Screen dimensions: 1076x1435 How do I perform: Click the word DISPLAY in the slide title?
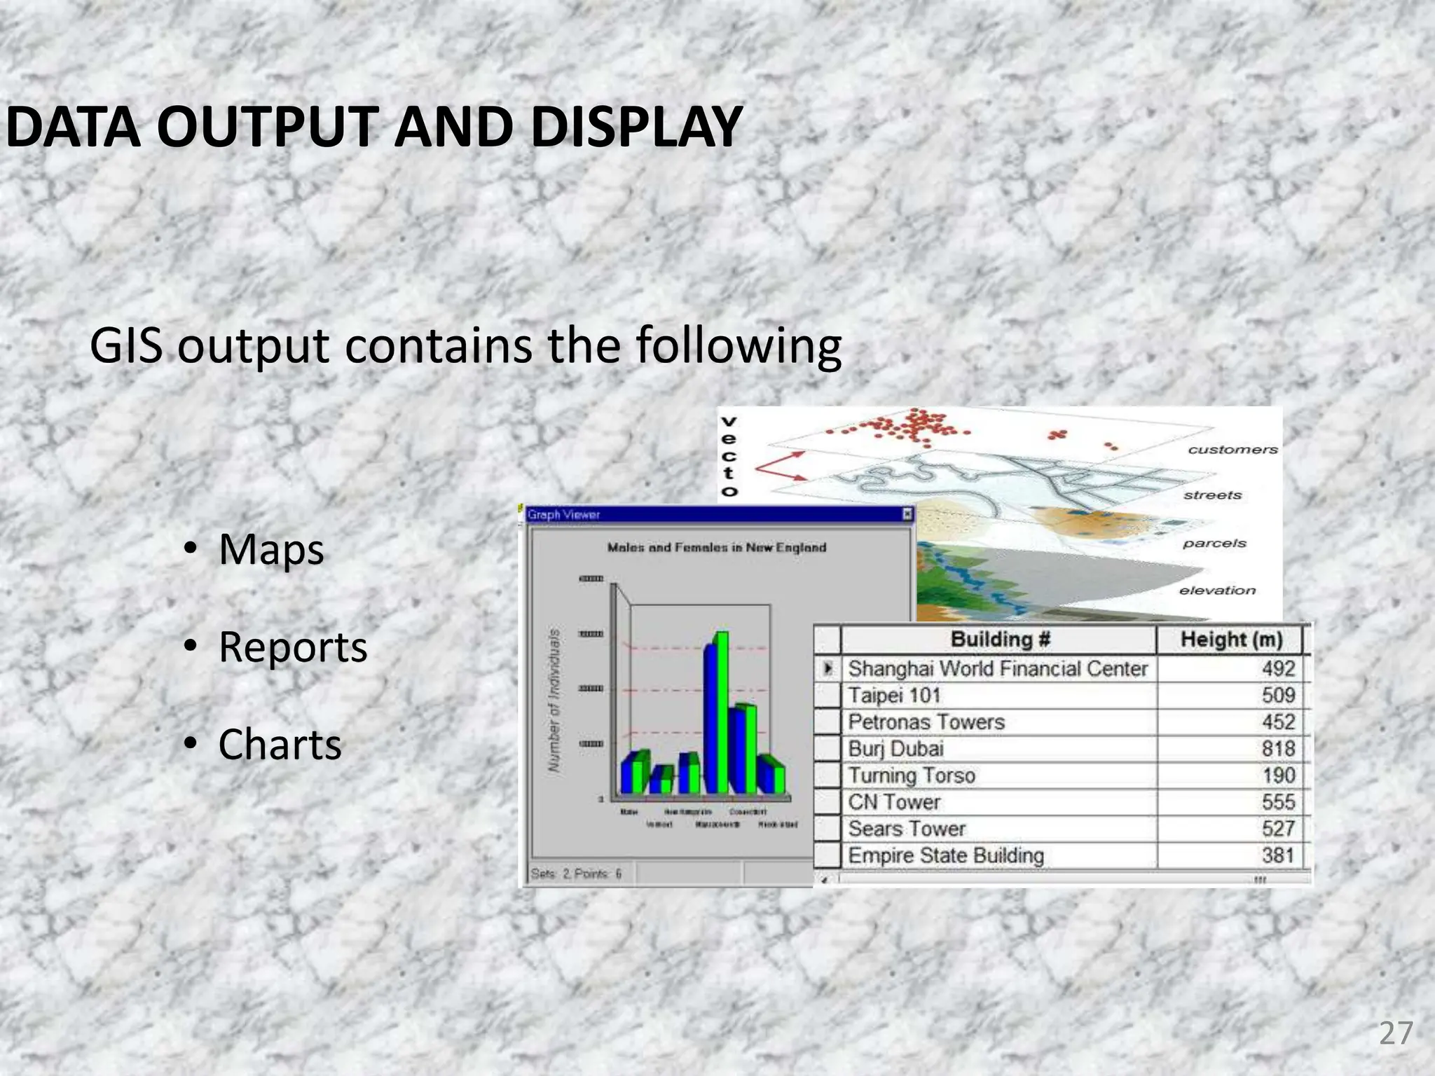click(636, 127)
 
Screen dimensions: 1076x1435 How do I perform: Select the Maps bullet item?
click(270, 549)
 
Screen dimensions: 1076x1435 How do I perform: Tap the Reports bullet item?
click(292, 647)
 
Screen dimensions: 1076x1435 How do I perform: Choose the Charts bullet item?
click(280, 744)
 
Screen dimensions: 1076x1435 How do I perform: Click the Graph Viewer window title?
click(564, 515)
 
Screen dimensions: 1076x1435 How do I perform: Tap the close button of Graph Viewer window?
click(907, 515)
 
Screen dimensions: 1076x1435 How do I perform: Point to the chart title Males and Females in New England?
click(716, 548)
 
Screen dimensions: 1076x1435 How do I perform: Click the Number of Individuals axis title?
click(554, 701)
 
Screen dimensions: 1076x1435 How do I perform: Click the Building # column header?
click(1000, 640)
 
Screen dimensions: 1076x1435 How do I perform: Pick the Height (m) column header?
click(1230, 640)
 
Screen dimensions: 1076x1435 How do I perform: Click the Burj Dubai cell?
click(895, 749)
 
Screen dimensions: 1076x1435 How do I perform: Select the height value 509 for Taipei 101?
click(1277, 696)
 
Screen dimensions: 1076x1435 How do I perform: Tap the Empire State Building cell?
click(946, 856)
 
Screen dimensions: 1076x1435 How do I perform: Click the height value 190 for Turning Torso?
click(1277, 775)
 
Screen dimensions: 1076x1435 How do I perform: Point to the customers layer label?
click(1233, 450)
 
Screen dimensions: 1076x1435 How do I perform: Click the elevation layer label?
click(1217, 591)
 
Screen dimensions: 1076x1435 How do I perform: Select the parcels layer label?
click(1214, 544)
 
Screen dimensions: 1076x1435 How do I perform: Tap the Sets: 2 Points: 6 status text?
click(576, 874)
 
